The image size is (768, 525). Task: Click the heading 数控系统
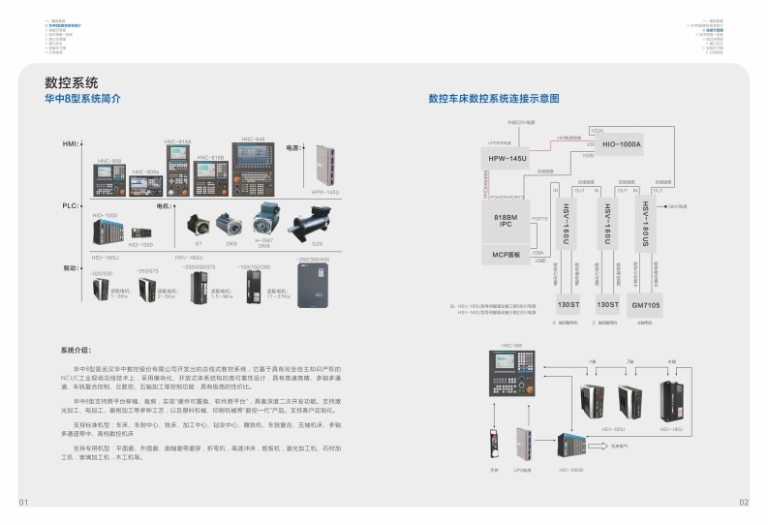point(72,83)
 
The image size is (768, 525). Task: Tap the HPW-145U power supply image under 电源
point(323,167)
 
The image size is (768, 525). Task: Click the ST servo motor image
point(200,224)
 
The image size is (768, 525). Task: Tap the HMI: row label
point(70,143)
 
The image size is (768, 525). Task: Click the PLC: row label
point(70,206)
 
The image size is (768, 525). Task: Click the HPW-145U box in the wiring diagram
point(508,158)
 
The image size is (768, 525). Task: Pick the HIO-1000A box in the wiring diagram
point(622,143)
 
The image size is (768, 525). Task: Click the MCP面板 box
point(507,255)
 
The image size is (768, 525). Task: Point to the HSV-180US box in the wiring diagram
point(646,225)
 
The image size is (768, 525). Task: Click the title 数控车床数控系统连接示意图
point(494,99)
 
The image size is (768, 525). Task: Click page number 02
point(744,503)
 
